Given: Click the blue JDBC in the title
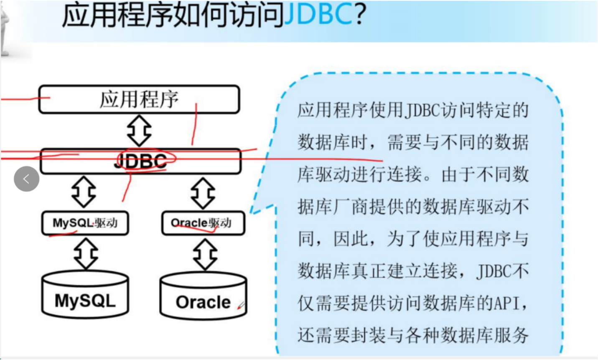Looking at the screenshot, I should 318,15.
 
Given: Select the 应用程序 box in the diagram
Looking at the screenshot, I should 139,100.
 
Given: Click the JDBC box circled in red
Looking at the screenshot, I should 140,161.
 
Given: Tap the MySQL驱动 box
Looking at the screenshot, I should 85,223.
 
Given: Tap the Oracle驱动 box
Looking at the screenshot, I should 203,223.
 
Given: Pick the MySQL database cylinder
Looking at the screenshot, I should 85,295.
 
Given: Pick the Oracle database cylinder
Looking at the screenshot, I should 203,296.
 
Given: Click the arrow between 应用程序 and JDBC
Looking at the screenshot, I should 139,131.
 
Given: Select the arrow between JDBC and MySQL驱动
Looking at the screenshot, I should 84,192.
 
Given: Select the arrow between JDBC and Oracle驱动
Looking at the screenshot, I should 203,193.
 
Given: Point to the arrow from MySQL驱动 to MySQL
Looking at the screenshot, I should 86,253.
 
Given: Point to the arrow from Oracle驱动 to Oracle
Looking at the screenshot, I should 205,254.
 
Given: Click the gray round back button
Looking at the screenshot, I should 26,179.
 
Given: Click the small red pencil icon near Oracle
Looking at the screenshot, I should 241,306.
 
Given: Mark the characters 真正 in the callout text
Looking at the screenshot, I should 368,271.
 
